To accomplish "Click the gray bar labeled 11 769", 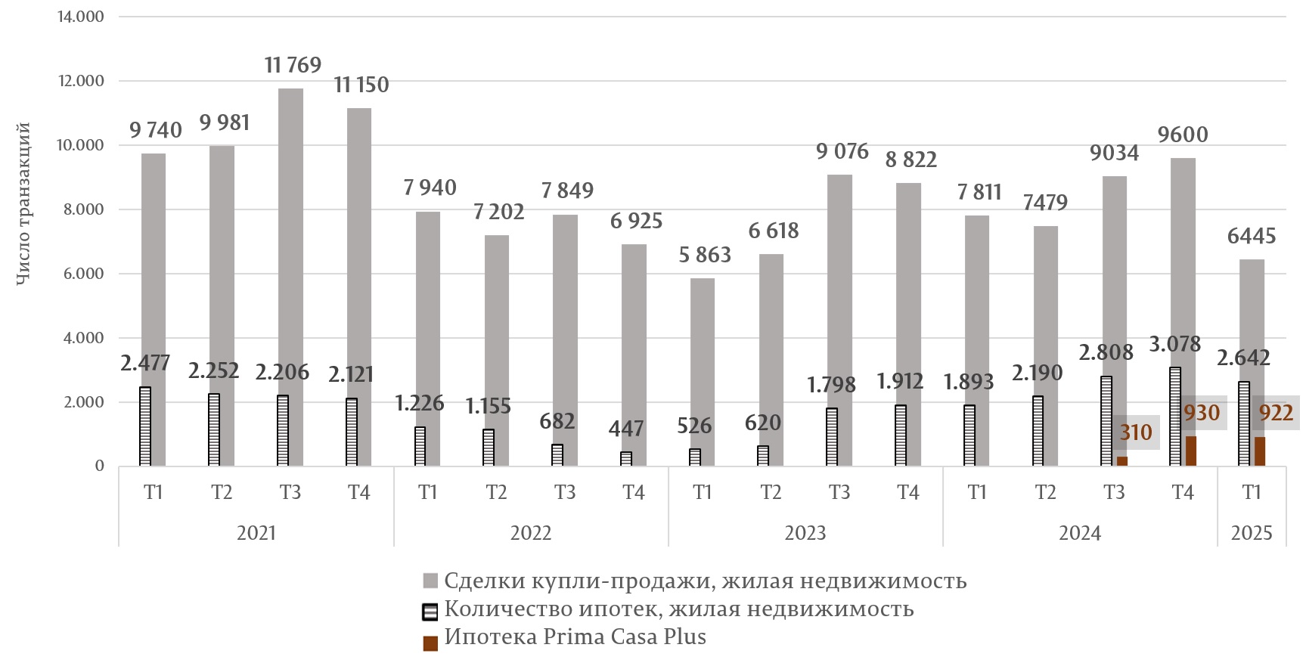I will (x=290, y=227).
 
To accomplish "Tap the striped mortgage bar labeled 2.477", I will (x=145, y=426).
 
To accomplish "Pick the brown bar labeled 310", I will (x=1122, y=461).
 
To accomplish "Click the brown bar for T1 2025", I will (x=1259, y=451).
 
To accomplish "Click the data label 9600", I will (x=1183, y=135).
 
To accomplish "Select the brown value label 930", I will (x=1202, y=413).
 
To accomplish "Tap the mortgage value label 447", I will (x=626, y=429).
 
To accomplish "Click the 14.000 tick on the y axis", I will (x=81, y=17).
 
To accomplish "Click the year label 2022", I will (x=531, y=533).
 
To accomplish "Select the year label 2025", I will (x=1252, y=533).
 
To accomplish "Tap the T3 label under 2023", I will (x=839, y=492).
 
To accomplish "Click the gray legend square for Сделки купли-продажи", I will (x=430, y=581).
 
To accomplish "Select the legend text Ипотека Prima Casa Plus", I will (x=575, y=637).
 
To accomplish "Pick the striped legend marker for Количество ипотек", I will (x=430, y=611).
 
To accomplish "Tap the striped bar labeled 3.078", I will (x=1175, y=416).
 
